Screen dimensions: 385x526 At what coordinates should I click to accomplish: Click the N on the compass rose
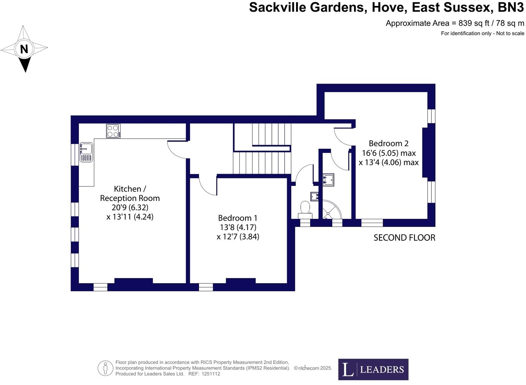(24, 49)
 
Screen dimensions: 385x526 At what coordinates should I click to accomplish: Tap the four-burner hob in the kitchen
(113, 131)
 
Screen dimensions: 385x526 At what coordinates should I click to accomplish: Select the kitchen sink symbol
(86, 152)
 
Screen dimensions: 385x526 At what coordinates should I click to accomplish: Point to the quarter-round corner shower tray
(331, 210)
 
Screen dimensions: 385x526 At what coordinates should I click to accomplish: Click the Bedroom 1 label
(237, 218)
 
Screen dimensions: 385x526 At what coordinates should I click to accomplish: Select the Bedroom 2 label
(389, 143)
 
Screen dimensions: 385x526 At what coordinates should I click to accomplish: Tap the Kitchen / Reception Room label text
(130, 194)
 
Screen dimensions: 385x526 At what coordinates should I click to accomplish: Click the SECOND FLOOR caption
(404, 238)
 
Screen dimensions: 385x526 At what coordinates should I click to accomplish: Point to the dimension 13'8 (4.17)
(238, 227)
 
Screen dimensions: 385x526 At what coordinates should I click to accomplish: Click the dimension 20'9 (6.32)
(130, 208)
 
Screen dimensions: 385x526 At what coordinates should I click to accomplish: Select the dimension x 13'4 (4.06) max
(389, 163)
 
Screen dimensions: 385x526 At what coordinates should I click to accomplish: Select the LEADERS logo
(373, 369)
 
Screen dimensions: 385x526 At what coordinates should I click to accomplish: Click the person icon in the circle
(105, 368)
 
